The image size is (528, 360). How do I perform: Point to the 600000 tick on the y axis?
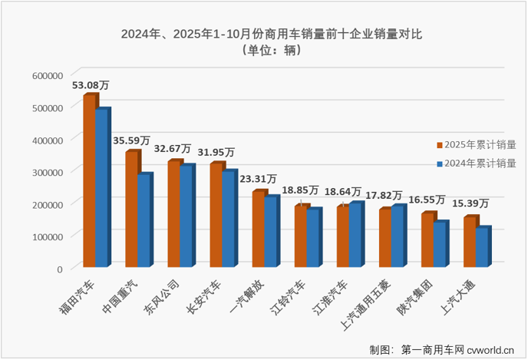[48, 75]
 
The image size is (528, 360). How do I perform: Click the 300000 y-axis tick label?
[48, 172]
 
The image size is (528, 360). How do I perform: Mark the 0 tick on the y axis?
[58, 269]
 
